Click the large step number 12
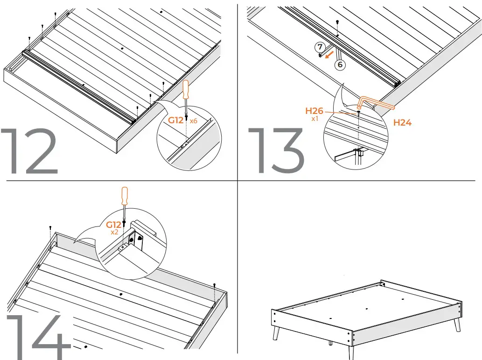pyautogui.click(x=30, y=151)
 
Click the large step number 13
pyautogui.click(x=275, y=151)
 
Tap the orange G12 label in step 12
pyautogui.click(x=176, y=120)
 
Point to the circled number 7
pyautogui.click(x=320, y=47)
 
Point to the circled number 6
pyautogui.click(x=340, y=65)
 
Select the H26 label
pyautogui.click(x=314, y=111)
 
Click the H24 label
pyautogui.click(x=402, y=123)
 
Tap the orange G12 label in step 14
pyautogui.click(x=114, y=225)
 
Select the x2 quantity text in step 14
pyautogui.click(x=114, y=232)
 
